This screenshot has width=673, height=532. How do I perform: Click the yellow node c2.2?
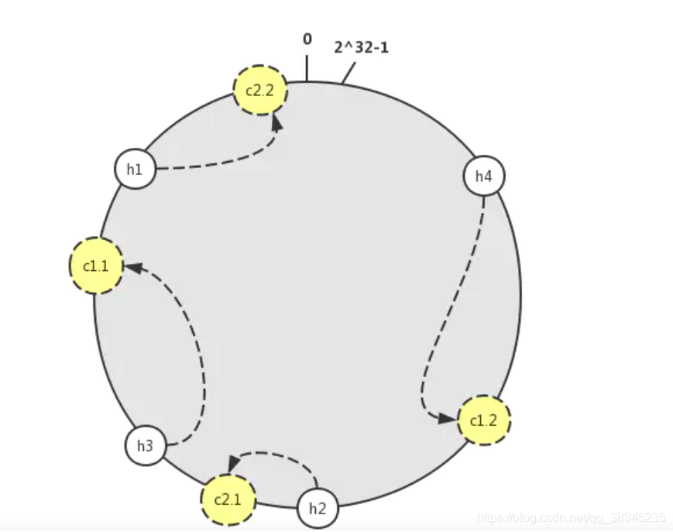pos(260,90)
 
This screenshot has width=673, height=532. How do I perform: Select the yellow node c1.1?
pos(96,266)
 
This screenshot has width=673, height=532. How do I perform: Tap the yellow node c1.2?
pos(484,420)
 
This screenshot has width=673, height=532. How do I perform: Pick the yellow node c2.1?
pos(228,499)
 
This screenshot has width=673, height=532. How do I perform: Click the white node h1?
pos(135,169)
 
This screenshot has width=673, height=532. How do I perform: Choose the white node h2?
pos(318,509)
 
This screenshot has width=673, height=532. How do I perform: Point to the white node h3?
pos(146,445)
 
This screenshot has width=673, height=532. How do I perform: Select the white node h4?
pos(484,176)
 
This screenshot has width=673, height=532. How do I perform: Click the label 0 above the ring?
pos(307,39)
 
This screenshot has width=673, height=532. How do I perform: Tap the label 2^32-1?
pos(362,47)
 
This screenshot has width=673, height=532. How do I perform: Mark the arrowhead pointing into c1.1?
pos(132,267)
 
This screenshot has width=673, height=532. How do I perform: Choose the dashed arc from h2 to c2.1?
pos(275,454)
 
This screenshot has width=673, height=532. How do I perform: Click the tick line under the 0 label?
pos(307,68)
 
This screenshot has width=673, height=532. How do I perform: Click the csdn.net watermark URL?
pos(572,518)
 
